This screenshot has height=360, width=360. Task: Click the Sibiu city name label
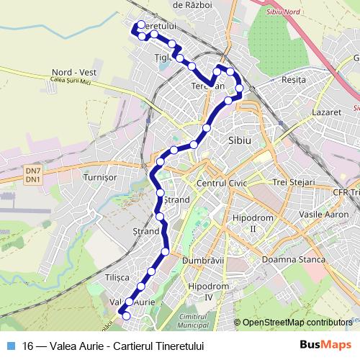[x=238, y=141]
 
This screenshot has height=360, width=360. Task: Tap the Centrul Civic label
[x=222, y=183]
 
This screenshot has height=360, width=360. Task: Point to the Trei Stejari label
[x=293, y=183]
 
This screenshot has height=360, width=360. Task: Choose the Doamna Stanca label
[x=294, y=258]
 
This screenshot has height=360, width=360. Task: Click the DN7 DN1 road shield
[x=32, y=175]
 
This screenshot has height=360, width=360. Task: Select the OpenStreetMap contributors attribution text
[x=297, y=323]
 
